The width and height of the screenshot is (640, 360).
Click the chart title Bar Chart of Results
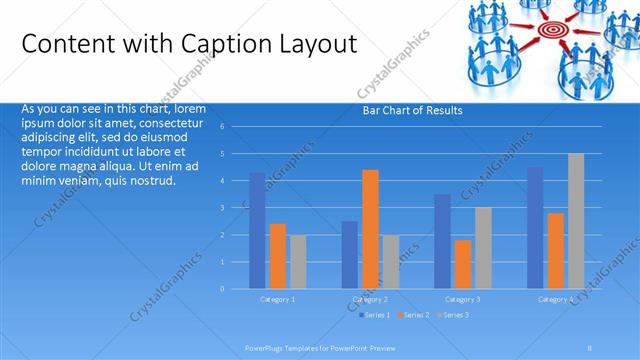point(412,111)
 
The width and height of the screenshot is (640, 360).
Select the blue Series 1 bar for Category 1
point(257,231)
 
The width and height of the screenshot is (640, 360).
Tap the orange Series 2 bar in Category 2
point(370,229)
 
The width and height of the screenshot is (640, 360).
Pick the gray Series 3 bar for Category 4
point(575,221)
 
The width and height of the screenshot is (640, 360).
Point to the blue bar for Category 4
point(535,228)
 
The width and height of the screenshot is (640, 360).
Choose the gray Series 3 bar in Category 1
point(298,261)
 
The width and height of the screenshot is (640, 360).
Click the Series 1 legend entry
point(376,315)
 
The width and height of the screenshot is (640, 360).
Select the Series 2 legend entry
point(414,315)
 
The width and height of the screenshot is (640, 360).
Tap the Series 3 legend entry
point(452,315)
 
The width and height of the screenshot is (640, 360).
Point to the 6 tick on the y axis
point(235,127)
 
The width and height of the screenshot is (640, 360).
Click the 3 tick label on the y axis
point(235,208)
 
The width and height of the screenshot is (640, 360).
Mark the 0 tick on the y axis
point(235,289)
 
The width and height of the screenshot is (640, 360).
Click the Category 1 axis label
point(278,299)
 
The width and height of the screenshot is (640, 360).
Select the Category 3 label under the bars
point(462,299)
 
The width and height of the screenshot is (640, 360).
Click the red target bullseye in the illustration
point(550,31)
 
